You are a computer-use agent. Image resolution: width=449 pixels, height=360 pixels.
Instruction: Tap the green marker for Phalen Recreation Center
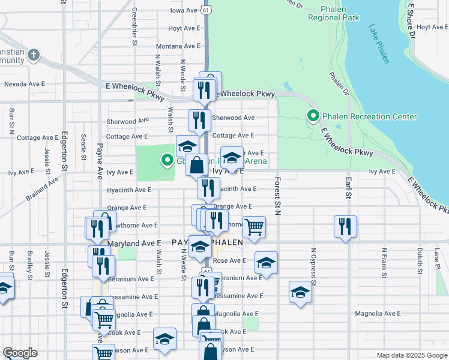313,116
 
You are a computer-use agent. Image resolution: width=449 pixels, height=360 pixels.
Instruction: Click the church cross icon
34,56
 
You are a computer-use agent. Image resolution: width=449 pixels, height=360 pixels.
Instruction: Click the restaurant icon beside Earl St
345,226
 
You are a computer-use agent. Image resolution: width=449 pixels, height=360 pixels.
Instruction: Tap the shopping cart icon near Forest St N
254,227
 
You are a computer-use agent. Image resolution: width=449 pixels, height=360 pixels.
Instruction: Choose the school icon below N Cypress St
300,292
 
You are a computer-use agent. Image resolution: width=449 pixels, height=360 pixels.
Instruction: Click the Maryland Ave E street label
134,244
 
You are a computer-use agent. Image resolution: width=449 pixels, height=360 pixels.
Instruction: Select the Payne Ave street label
100,162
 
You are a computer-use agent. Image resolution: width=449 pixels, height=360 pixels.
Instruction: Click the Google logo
20,353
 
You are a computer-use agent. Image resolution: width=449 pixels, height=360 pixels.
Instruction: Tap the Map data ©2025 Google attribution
411,355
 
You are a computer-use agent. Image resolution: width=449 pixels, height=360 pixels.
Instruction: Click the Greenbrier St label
134,27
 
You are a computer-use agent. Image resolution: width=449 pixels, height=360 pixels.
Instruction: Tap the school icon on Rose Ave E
266,263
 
